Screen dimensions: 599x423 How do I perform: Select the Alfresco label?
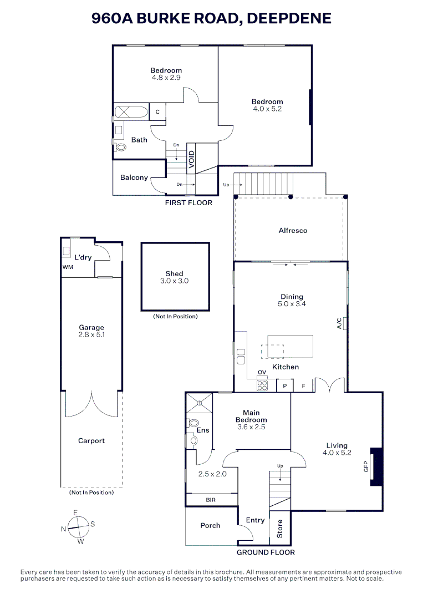tap(293, 230)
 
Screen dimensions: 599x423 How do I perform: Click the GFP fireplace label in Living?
tap(366, 467)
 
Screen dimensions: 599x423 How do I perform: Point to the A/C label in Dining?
tap(339, 323)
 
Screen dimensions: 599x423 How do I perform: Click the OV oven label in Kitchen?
tap(262, 372)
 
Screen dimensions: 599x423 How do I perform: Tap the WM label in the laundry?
tap(68, 267)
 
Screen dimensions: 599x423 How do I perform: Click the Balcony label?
tap(134, 177)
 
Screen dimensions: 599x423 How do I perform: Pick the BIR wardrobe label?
tap(211, 500)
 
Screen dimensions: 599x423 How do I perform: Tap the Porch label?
tap(210, 525)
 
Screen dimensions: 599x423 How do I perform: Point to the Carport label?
tap(91, 441)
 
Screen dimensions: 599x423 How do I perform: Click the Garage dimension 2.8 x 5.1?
tap(91, 335)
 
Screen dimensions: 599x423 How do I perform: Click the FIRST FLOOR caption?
tap(188, 203)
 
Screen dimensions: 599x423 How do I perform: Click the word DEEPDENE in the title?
tap(288, 18)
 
